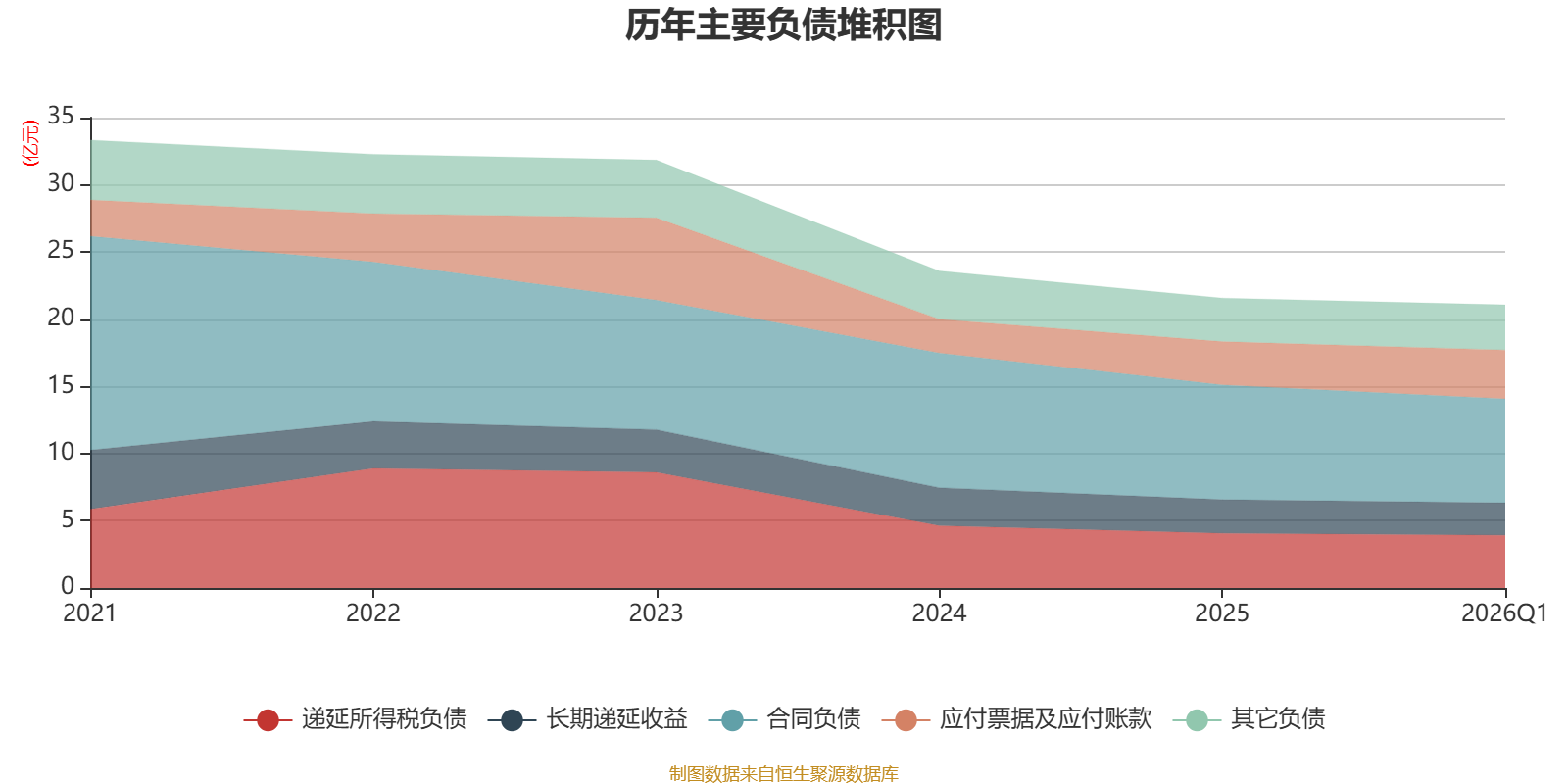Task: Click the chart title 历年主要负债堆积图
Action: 783,25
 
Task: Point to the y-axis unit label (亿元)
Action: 30,143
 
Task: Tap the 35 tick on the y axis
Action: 61,117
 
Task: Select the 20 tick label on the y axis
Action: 61,318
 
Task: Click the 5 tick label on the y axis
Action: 68,520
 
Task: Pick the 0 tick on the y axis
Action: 68,586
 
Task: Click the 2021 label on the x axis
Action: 89,613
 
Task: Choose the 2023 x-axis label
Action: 656,613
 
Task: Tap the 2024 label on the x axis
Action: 939,613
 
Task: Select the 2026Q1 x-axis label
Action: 1504,613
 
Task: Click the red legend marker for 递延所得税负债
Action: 268,719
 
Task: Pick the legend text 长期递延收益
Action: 616,719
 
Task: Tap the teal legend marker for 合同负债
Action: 732,719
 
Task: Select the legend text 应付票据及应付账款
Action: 1045,719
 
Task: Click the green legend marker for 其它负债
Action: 1197,719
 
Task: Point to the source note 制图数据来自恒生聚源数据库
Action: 783,773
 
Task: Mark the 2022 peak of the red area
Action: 373,468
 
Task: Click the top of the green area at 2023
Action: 656,161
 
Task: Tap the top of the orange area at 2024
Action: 939,319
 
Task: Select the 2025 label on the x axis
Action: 1221,613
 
